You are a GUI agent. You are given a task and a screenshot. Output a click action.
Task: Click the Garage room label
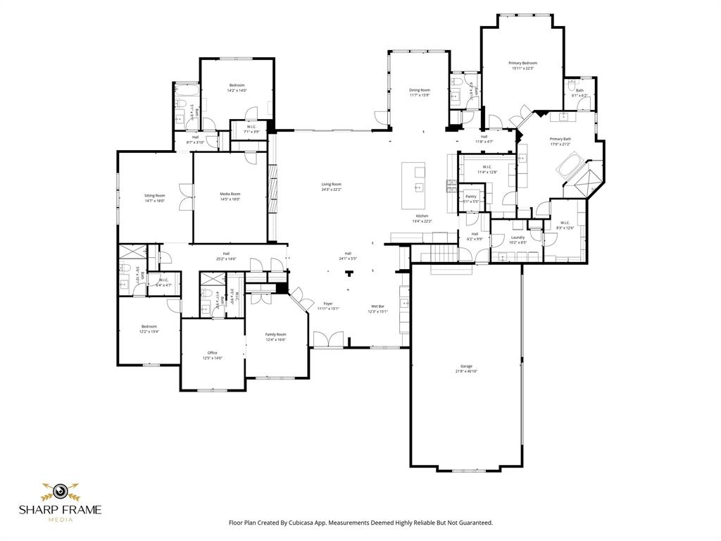(466, 366)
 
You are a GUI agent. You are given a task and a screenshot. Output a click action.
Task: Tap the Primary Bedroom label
(522, 63)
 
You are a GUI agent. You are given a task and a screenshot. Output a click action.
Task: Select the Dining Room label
(420, 90)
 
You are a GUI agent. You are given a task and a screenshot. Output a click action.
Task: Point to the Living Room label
(331, 185)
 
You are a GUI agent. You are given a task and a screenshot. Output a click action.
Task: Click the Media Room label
(230, 194)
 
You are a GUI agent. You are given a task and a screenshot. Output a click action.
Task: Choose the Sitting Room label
(155, 196)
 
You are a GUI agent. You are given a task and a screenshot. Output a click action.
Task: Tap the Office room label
(212, 353)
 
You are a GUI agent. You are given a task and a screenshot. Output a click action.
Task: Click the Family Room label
(275, 335)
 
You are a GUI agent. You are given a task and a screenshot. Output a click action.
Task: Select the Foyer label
(328, 304)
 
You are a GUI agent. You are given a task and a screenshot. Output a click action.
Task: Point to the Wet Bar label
(378, 306)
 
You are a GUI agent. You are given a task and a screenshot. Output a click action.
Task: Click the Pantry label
(471, 197)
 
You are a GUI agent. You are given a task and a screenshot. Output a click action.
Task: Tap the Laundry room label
(518, 238)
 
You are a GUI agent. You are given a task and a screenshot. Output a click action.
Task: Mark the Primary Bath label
(560, 139)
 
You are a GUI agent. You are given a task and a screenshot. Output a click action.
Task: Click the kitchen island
(413, 185)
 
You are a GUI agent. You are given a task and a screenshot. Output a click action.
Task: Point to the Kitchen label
(422, 216)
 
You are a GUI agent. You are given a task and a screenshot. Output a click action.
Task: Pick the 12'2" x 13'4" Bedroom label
(149, 327)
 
